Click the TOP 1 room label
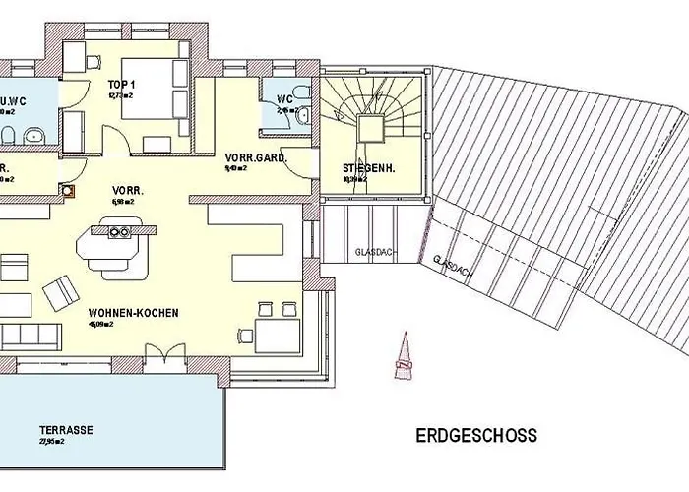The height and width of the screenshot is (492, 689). click(x=121, y=86)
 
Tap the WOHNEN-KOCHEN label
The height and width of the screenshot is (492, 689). click(x=132, y=313)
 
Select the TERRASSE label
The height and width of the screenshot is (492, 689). click(x=66, y=430)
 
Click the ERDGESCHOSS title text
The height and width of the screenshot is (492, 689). click(x=476, y=434)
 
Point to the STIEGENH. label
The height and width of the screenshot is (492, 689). click(x=368, y=168)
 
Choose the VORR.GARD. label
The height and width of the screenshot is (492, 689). click(x=249, y=157)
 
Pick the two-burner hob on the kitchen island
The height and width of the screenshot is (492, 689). click(x=120, y=232)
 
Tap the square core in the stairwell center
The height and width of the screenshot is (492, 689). click(x=370, y=128)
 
